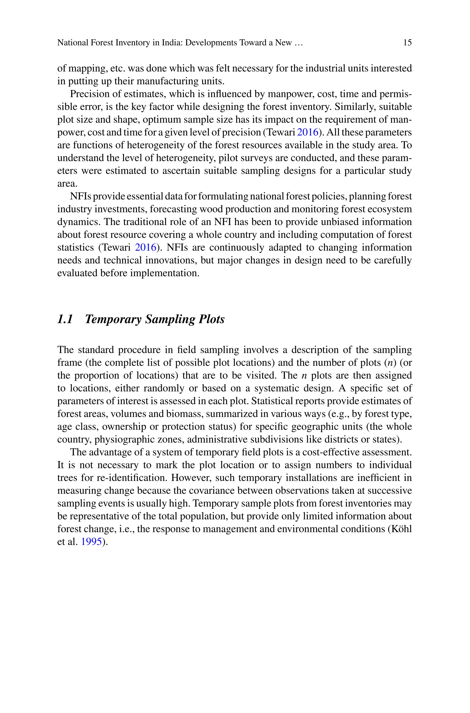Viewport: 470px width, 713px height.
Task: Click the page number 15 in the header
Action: (407, 42)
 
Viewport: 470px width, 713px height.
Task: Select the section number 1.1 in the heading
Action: (65, 319)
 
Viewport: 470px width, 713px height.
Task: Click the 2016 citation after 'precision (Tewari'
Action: (307, 132)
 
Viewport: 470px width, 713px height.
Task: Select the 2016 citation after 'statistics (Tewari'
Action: (146, 247)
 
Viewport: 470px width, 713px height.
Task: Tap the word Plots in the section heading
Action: (211, 319)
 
